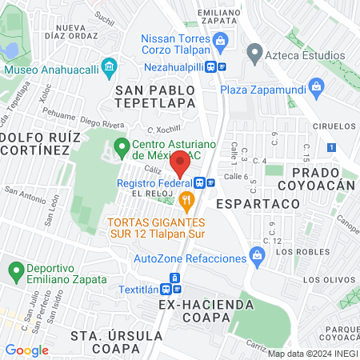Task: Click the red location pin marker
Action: (180, 162)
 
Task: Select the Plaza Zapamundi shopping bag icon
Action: (318, 86)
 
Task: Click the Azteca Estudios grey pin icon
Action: (255, 54)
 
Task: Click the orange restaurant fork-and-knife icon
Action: (187, 199)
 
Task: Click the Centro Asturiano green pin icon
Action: (122, 146)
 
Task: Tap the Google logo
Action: (26, 350)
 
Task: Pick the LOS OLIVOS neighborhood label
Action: (323, 280)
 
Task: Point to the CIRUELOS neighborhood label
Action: (334, 126)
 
